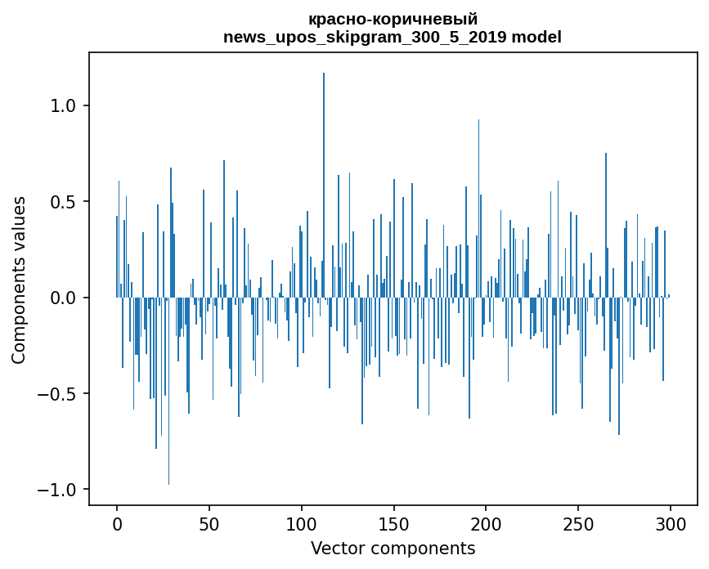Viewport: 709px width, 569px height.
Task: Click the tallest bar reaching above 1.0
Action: point(323,185)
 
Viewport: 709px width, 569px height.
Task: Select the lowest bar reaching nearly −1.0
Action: point(168,391)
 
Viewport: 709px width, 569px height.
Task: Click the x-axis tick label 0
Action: point(117,524)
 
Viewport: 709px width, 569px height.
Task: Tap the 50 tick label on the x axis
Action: point(209,524)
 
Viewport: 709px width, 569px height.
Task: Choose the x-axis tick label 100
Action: point(301,524)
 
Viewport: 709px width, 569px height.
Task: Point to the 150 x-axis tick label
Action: point(393,524)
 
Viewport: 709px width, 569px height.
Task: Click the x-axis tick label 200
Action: point(486,524)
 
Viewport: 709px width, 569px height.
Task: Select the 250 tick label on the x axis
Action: point(578,524)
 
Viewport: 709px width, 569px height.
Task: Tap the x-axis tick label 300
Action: point(670,524)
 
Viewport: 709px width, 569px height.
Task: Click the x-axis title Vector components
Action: point(393,549)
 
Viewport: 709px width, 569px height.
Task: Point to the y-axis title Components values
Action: point(19,280)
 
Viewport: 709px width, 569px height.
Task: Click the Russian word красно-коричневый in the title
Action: point(393,20)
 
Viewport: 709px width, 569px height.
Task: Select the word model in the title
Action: point(536,37)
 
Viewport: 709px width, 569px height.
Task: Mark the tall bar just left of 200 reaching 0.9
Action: point(478,208)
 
